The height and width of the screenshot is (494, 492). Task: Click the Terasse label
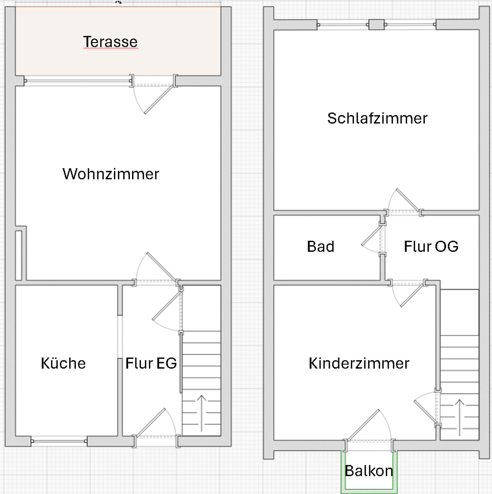[110, 41]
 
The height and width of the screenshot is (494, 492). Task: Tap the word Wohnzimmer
[111, 174]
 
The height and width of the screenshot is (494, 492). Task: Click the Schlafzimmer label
[377, 118]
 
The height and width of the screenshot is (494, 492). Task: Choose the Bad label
[321, 246]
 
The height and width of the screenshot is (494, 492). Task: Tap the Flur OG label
[431, 246]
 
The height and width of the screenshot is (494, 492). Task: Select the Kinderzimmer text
[359, 363]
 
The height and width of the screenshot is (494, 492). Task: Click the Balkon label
[369, 471]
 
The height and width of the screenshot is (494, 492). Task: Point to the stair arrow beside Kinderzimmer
[459, 417]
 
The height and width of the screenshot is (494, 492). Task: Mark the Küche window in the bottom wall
[59, 441]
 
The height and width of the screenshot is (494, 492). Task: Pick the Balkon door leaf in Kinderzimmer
[363, 425]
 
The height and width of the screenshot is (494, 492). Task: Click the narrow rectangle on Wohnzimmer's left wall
[18, 255]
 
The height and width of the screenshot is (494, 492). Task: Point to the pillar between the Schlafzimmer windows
[376, 25]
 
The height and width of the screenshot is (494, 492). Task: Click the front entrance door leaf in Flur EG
[151, 422]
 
